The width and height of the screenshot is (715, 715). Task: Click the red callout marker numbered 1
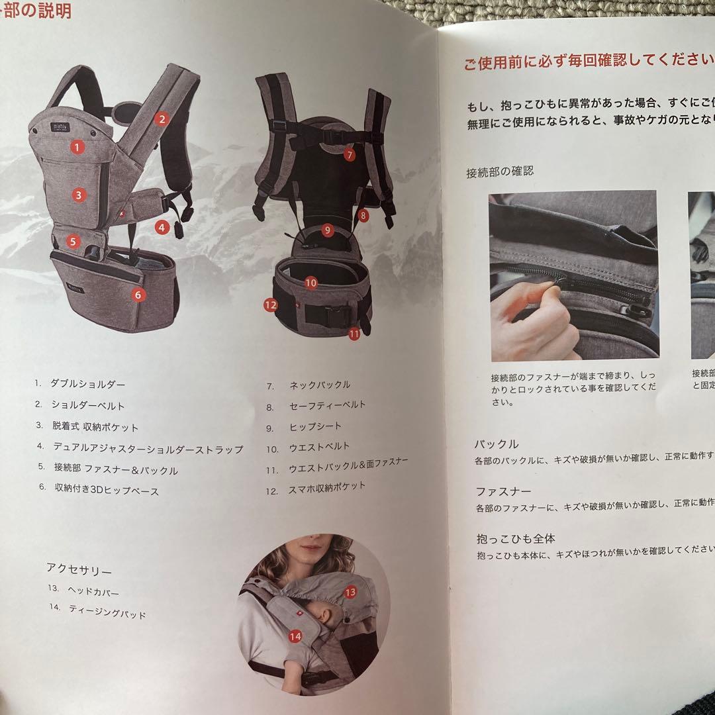[x=78, y=147]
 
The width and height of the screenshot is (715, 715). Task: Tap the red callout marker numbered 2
[x=162, y=120]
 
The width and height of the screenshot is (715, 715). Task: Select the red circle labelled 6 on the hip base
[x=138, y=295]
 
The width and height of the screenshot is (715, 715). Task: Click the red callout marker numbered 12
[x=270, y=305]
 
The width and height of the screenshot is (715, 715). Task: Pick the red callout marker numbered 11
[x=354, y=334]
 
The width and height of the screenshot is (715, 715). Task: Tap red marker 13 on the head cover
[x=350, y=592]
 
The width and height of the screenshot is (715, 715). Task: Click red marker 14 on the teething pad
[x=295, y=636]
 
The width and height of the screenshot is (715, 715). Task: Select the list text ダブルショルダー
[x=87, y=384]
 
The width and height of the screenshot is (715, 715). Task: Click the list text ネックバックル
[x=320, y=385]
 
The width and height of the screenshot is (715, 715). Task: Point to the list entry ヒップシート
[x=315, y=426]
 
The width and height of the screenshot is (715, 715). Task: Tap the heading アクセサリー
[x=79, y=569]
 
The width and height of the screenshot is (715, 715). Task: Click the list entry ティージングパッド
[x=107, y=611]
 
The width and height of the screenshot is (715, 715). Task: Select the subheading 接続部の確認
[x=500, y=172]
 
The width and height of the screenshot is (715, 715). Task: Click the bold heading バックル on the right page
[x=496, y=444]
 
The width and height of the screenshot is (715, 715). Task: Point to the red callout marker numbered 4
[x=162, y=226]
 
